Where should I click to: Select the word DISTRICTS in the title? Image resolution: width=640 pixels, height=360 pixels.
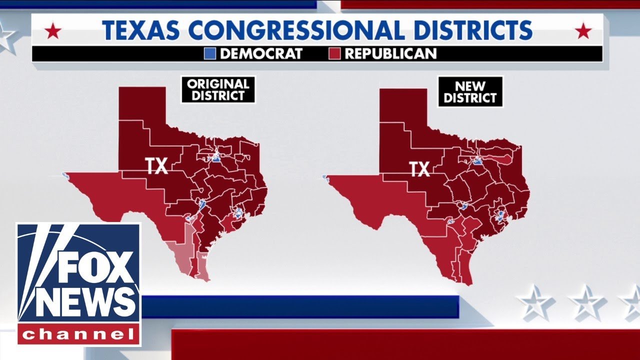pos(469,30)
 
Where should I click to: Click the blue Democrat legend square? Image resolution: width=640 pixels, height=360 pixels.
pos(210,53)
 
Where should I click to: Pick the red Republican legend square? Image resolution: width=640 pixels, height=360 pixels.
pos(335,53)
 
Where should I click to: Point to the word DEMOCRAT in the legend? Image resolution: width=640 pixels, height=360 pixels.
pos(261,53)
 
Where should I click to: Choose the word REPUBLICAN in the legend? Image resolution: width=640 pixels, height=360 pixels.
pos(390,53)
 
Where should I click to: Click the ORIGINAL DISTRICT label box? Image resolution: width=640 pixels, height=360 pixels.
pos(218,89)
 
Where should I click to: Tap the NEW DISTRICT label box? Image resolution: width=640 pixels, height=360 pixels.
pos(470,91)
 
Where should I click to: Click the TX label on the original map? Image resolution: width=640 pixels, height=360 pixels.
pos(156,166)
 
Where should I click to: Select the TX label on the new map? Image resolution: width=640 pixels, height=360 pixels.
pos(419,169)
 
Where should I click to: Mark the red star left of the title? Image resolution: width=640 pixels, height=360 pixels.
pos(53,32)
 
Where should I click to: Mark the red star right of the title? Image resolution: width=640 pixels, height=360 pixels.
pos(583,32)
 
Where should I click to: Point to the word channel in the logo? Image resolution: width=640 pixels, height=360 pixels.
pos(79,334)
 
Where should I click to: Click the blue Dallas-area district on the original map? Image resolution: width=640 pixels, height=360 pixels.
pos(216,158)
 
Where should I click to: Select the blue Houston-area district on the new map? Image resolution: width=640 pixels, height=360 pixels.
pos(500,216)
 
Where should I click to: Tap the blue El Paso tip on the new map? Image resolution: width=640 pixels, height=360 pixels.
pos(325,177)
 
